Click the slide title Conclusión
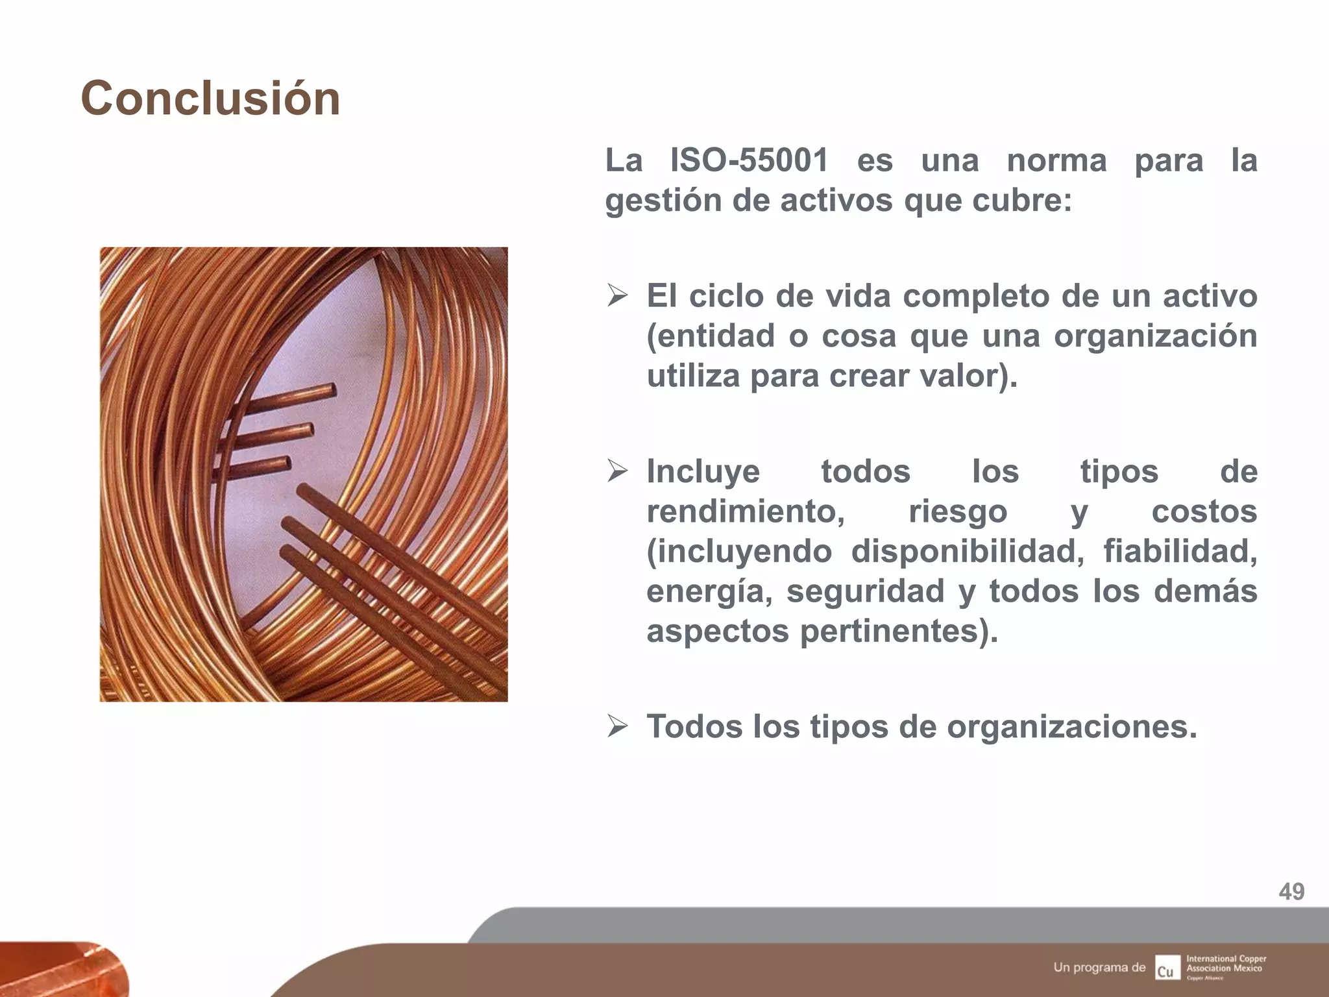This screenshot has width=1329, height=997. pos(210,99)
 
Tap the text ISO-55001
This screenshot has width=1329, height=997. pos(749,160)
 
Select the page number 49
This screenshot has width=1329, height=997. pos(1291,891)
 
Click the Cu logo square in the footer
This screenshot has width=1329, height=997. pos(1167,967)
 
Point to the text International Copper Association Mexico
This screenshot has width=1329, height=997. pos(1226,963)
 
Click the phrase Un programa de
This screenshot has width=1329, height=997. pos(1099,967)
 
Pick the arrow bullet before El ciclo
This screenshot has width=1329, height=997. pos(617,297)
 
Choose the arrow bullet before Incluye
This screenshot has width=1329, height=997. pos(617,471)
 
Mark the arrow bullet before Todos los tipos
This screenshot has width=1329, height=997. pos(617,726)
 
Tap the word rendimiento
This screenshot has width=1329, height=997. pos(745,511)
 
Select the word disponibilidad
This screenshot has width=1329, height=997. pos(967,552)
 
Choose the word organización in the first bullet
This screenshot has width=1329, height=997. pos(1155,336)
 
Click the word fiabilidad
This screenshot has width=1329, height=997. pos(1180,552)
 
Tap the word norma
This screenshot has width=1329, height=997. pos(1056,160)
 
